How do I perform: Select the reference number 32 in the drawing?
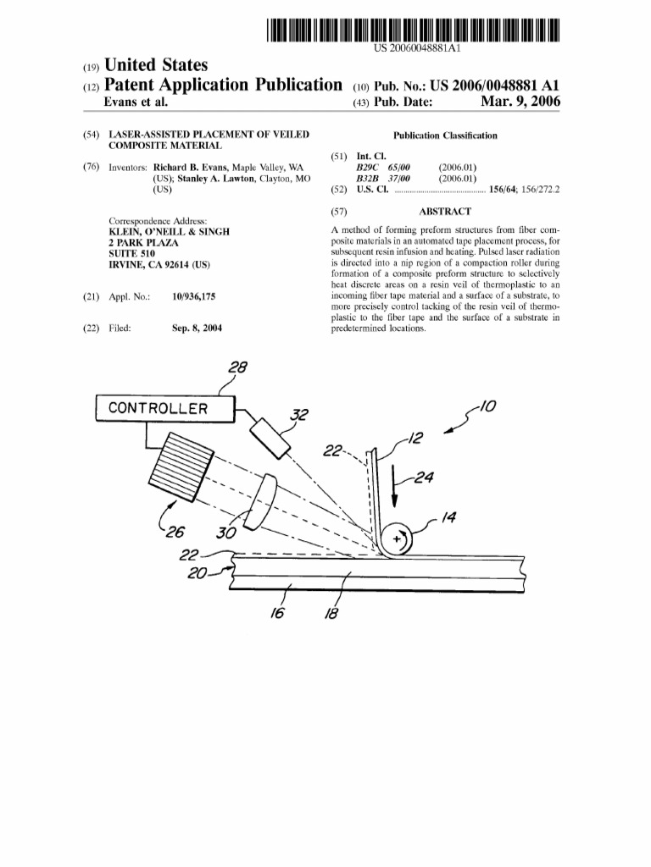pyautogui.click(x=299, y=415)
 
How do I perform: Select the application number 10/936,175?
pyautogui.click(x=199, y=297)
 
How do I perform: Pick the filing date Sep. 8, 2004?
pyautogui.click(x=197, y=328)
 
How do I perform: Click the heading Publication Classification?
pyautogui.click(x=445, y=135)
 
